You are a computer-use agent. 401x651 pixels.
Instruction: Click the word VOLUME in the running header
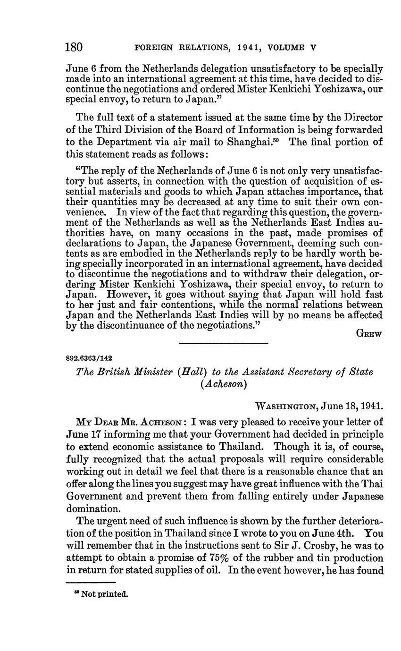[x=286, y=48]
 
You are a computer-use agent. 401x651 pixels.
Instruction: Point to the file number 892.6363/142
[x=89, y=358]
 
